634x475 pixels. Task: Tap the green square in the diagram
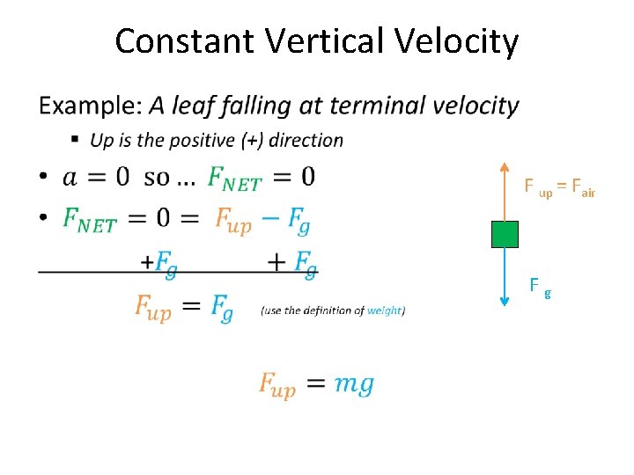[505, 234]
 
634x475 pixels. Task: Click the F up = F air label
[560, 187]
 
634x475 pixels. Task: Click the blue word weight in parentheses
[385, 311]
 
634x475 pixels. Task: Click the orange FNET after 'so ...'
[234, 179]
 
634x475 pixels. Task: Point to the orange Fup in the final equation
[276, 385]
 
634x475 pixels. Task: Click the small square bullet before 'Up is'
[76, 140]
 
